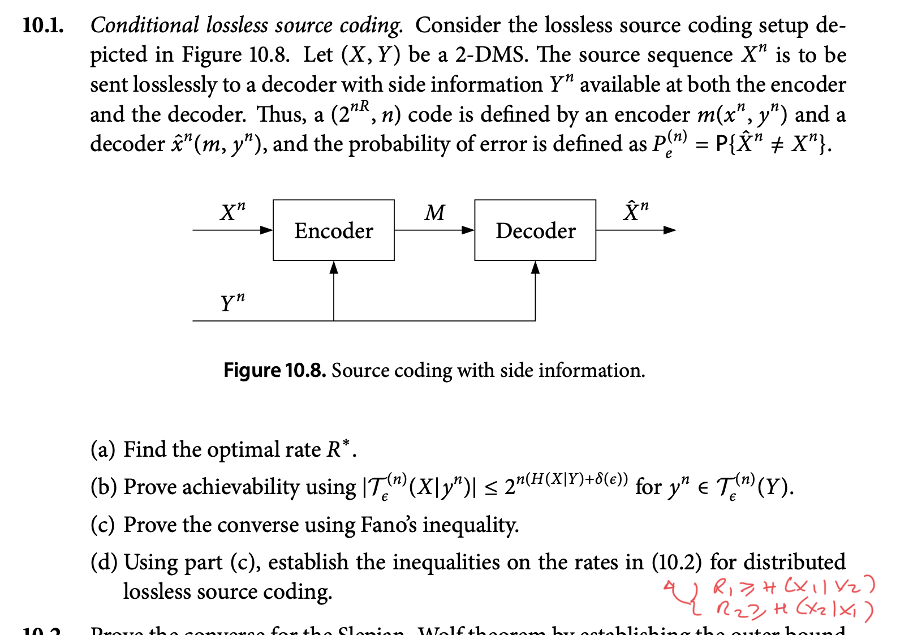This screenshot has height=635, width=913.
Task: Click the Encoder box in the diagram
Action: click(333, 230)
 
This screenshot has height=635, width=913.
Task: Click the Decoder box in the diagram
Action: click(535, 230)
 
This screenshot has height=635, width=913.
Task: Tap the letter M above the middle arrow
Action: click(434, 213)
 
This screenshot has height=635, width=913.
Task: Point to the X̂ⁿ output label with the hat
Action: click(635, 211)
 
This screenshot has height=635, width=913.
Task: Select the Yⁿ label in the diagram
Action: click(232, 302)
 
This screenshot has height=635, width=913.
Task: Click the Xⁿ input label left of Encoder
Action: click(232, 212)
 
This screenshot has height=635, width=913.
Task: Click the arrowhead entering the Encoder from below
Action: click(334, 267)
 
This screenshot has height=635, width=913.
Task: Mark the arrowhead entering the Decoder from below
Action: click(535, 267)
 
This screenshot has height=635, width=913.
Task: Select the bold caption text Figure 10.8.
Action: click(274, 370)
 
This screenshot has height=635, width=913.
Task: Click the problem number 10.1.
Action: click(42, 25)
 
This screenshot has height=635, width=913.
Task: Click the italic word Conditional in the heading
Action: click(145, 25)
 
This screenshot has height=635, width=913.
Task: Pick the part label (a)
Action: click(102, 449)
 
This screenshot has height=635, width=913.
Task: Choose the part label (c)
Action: click(102, 525)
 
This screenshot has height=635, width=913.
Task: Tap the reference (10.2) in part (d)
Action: click(677, 562)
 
